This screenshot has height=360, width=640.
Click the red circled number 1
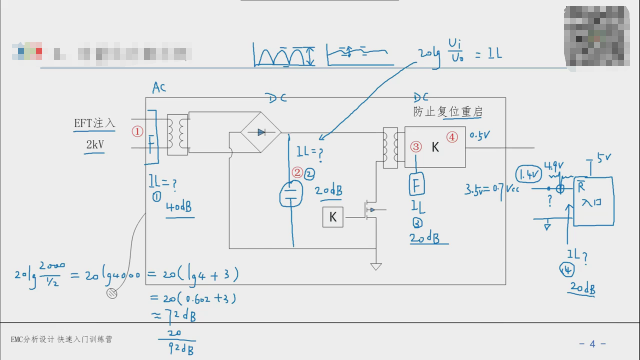point(137,131)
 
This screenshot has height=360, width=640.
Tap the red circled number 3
point(416,146)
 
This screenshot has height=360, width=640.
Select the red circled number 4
point(452,137)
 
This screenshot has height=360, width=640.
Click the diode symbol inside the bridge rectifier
point(261,132)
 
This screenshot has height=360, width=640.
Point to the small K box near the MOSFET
point(332,217)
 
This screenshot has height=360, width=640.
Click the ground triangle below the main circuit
point(376,266)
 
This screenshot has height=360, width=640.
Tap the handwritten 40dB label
point(179,207)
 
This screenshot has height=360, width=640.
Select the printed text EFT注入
point(94,123)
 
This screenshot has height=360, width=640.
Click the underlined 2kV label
point(95,145)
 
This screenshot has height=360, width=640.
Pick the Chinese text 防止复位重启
point(447,111)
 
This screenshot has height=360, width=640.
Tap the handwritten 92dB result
point(181,348)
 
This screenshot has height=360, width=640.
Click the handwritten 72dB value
point(179,315)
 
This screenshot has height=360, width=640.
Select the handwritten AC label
point(159,88)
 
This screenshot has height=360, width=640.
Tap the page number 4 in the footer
point(592,343)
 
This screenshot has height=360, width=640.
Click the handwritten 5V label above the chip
point(604,158)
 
